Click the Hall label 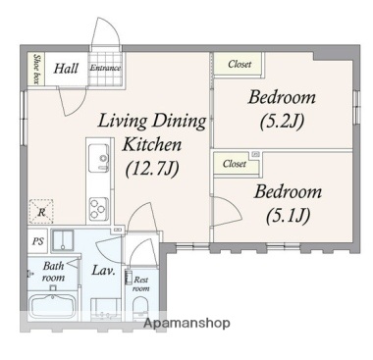66,69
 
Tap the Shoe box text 36,69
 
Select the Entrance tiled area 105,69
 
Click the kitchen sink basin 99,158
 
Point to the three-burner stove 99,209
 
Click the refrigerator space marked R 41,212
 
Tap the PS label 38,241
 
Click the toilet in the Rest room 140,308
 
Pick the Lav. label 103,270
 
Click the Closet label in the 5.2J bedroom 240,64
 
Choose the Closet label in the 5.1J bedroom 235,163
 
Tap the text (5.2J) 282,122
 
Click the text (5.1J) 288,216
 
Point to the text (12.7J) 152,169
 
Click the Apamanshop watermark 186,323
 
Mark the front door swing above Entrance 105,32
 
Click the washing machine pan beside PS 63,240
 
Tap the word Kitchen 152,144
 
